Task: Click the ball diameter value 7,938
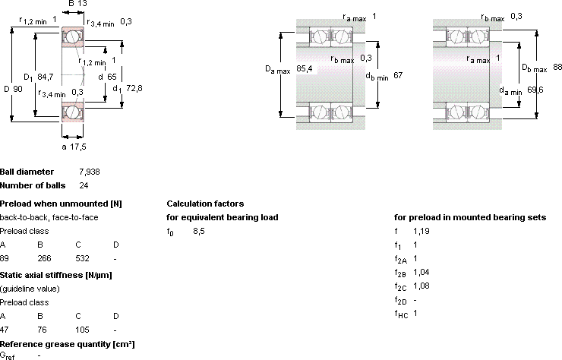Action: (x=90, y=172)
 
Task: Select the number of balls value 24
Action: (x=84, y=185)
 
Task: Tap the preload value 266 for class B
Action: (x=44, y=258)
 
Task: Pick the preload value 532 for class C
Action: (x=82, y=258)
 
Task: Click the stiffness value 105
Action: (x=82, y=330)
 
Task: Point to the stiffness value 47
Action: (x=5, y=330)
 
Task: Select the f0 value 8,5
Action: (x=199, y=231)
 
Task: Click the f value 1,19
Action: (x=421, y=231)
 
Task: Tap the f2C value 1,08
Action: (x=421, y=286)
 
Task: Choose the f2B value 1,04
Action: (x=421, y=272)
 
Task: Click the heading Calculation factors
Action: (x=205, y=204)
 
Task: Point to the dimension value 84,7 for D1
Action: (x=45, y=77)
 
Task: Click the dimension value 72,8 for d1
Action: (x=134, y=88)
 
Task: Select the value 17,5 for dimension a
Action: (x=77, y=147)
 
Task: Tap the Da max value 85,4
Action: (x=305, y=68)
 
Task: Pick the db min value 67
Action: (x=398, y=75)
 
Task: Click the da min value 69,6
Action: (x=535, y=90)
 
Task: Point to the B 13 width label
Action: (x=77, y=4)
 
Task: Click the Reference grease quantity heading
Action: (x=68, y=344)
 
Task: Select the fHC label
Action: (x=401, y=314)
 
